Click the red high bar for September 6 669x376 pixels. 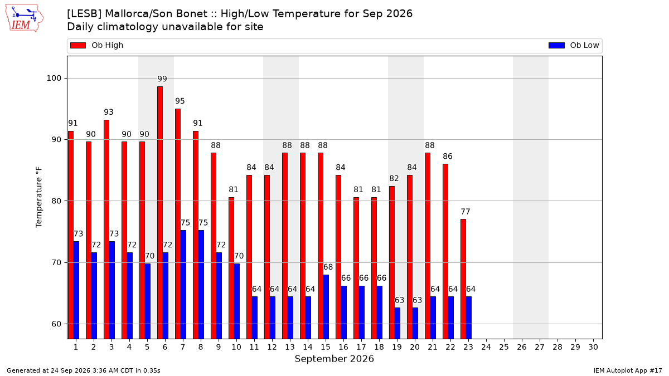click(160, 213)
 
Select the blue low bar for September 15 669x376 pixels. click(326, 307)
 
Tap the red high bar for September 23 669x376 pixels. click(463, 279)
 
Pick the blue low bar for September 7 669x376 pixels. click(183, 285)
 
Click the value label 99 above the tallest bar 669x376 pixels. click(162, 79)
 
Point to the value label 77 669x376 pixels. click(466, 212)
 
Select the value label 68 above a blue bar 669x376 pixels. click(328, 267)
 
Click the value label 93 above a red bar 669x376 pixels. click(109, 112)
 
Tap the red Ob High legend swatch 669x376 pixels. click(78, 45)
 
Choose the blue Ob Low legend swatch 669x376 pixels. click(556, 45)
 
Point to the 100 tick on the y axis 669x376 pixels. click(54, 78)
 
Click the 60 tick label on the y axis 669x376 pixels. click(56, 324)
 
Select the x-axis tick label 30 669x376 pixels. click(593, 347)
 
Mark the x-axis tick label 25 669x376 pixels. click(504, 347)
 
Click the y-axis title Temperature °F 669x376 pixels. click(39, 197)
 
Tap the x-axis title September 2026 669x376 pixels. click(334, 359)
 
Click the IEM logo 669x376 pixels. click(25, 18)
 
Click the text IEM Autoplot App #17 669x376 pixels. click(628, 370)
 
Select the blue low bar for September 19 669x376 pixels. click(397, 323)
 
